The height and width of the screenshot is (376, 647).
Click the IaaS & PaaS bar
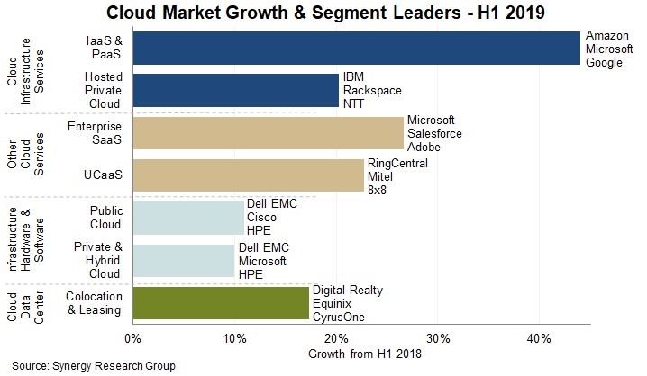click(356, 48)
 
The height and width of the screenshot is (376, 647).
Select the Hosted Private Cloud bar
click(235, 91)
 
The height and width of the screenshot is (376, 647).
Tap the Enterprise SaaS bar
click(268, 133)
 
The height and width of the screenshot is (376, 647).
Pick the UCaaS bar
click(248, 176)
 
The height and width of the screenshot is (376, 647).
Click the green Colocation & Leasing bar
click(221, 302)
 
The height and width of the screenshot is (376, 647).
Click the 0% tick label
click(132, 338)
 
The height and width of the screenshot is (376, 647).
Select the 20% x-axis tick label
click(336, 338)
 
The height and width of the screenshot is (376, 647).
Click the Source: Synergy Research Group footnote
click(94, 365)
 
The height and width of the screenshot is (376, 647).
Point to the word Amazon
click(606, 34)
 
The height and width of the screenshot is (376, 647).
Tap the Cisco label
click(263, 218)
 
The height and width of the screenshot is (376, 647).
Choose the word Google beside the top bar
click(605, 61)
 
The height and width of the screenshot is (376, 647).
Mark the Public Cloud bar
click(188, 218)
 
